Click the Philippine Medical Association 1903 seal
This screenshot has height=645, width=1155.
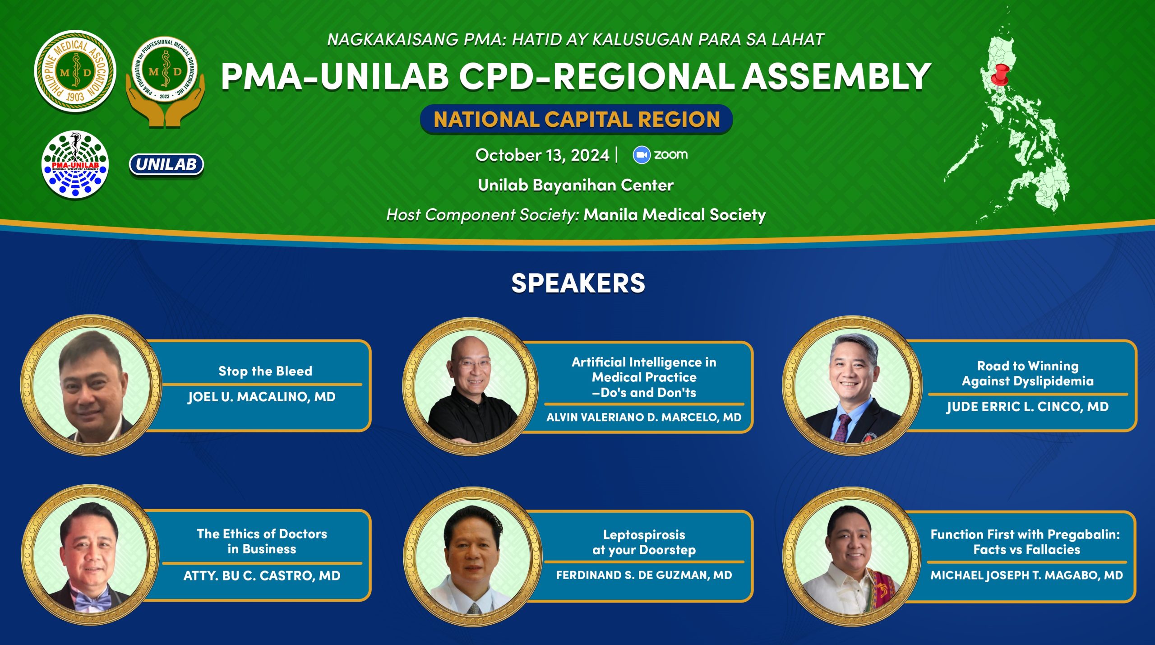coord(75,71)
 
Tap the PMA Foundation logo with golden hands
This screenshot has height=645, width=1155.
coord(165,81)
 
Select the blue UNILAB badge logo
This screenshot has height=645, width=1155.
coord(166,165)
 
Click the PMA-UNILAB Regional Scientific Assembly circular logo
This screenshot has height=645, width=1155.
coord(75,165)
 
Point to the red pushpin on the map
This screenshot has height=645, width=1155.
coord(1000,74)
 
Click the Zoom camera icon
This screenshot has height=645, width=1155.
coord(641,155)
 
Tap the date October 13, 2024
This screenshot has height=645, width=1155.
coord(542,155)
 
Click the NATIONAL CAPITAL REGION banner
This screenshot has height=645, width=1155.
coord(576,120)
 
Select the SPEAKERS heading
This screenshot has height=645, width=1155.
coord(578,283)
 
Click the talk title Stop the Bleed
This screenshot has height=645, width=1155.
coord(265,371)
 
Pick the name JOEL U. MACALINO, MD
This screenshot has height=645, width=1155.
coord(262,397)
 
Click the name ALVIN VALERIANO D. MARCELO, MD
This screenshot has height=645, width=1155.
coord(644,417)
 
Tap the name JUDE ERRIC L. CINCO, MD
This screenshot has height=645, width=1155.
coord(1027,407)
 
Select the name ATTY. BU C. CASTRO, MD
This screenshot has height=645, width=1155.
coord(262,575)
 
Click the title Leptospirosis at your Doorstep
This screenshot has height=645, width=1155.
coord(644,542)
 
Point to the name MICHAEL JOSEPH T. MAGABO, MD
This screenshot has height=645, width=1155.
coord(1027,575)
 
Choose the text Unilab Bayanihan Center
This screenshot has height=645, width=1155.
coord(576,185)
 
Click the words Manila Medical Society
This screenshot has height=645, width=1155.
coord(675,215)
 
